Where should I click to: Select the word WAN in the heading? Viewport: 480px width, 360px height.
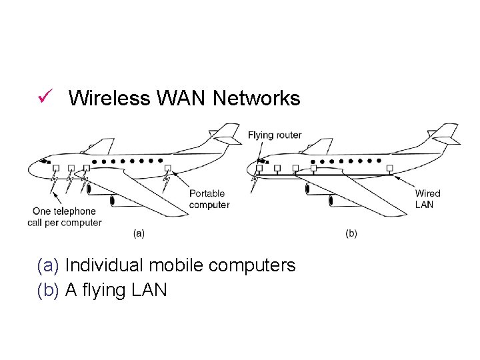tap(182, 99)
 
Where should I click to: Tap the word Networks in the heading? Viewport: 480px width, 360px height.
tap(257, 99)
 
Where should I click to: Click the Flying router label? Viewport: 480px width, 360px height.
tap(275, 135)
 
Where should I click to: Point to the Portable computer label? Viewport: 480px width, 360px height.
tap(209, 199)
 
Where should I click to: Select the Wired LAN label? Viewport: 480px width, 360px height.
tap(427, 199)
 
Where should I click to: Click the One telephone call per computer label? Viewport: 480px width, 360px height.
tap(65, 217)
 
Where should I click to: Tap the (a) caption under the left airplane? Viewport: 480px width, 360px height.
tap(139, 233)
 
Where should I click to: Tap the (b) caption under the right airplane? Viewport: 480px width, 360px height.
tap(351, 233)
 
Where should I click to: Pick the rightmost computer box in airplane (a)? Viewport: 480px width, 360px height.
tap(168, 168)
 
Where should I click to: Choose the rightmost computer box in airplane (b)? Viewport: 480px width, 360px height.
tap(389, 168)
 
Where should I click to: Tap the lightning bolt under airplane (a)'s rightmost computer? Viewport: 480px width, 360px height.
tap(167, 179)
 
